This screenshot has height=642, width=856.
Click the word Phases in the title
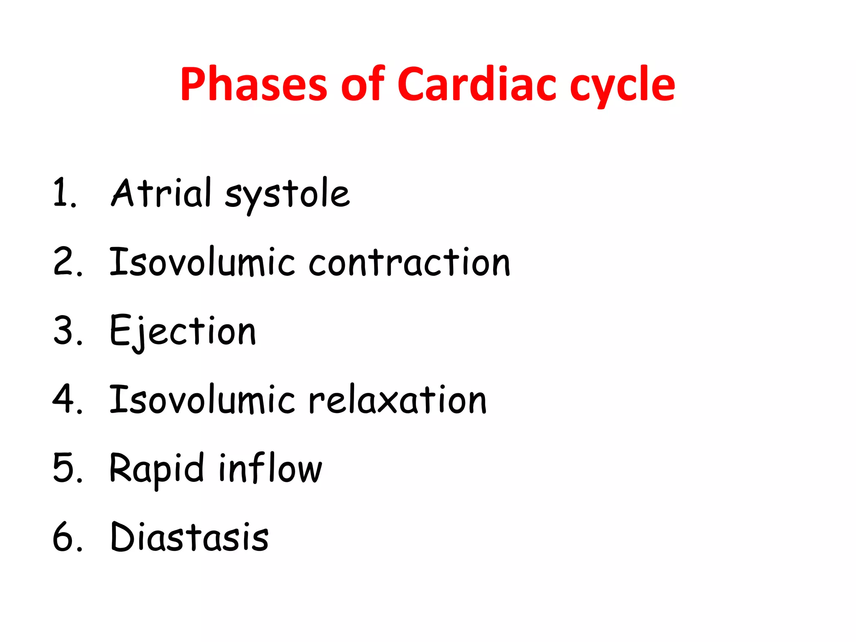[x=253, y=84]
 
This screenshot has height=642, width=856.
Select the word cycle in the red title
[x=622, y=86]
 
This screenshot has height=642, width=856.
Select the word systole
[x=287, y=196]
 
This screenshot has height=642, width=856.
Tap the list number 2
[x=67, y=262]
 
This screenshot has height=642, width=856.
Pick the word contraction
[x=409, y=262]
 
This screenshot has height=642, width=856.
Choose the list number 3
[x=67, y=331]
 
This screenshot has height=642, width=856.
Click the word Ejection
[x=183, y=331]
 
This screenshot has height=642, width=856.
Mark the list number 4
[x=67, y=400]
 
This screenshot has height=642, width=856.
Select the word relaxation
[x=397, y=400]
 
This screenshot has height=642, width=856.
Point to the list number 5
[x=67, y=468]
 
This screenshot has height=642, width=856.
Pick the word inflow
[x=270, y=468]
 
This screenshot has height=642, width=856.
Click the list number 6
[x=67, y=537]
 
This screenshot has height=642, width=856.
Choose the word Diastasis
[x=189, y=537]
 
